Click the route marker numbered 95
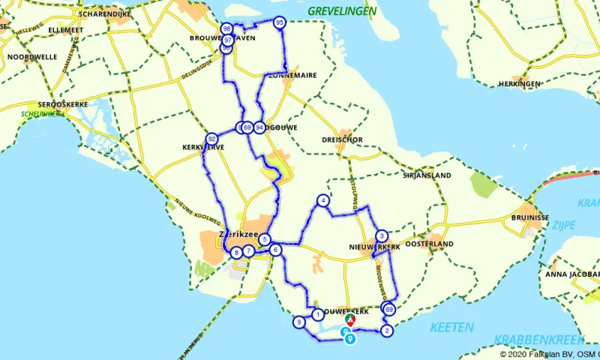point(280,22)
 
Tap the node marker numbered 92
point(212,139)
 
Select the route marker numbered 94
point(259,127)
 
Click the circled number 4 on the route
point(322,200)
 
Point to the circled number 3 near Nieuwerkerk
point(381,235)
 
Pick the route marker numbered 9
point(298,322)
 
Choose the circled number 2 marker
point(387,331)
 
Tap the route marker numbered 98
point(226,29)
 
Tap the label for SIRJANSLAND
point(427,175)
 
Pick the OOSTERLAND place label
point(430,244)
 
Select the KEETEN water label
point(451,327)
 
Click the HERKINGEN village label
point(519,83)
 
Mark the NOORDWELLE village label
point(31,56)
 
